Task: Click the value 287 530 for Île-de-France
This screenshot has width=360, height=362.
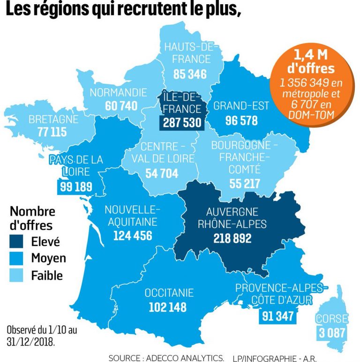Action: pyautogui.click(x=182, y=123)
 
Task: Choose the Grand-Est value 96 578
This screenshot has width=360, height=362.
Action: pyautogui.click(x=241, y=120)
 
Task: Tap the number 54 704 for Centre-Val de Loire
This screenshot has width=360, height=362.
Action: pyautogui.click(x=162, y=173)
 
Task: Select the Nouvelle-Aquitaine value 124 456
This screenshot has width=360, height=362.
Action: pyautogui.click(x=133, y=236)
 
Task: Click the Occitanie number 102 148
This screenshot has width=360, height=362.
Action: pyautogui.click(x=167, y=307)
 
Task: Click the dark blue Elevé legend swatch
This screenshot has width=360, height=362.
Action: pyautogui.click(x=20, y=243)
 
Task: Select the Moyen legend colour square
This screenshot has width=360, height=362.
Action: pyautogui.click(x=20, y=259)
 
